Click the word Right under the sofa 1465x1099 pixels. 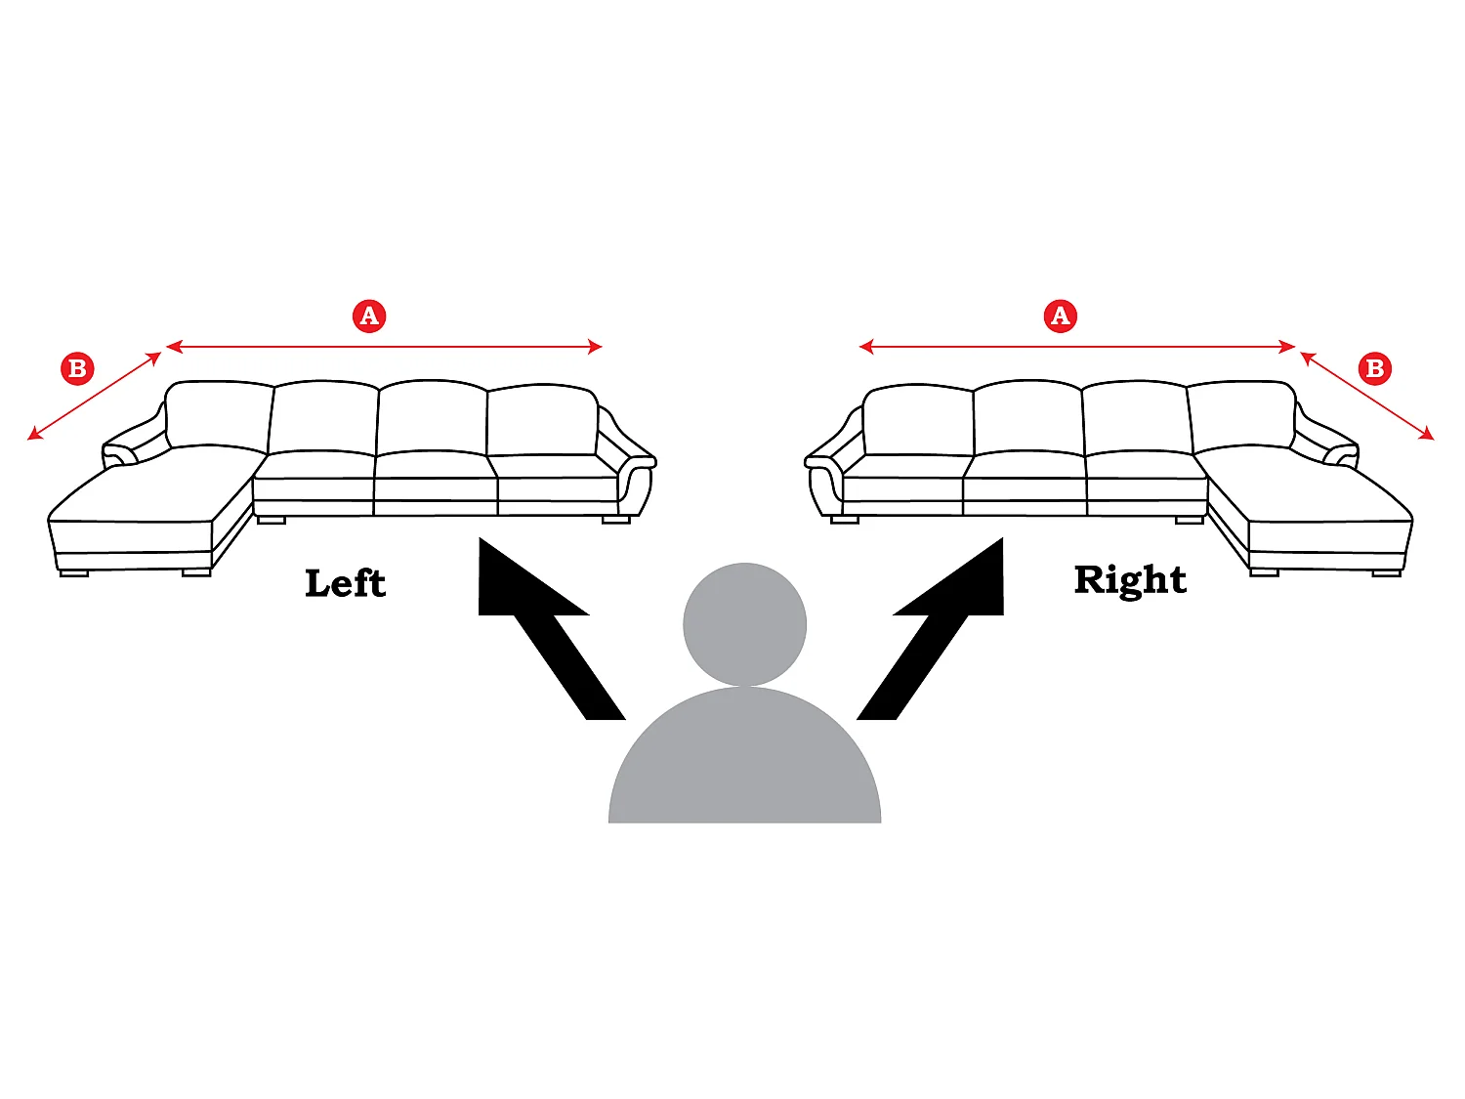point(1130,581)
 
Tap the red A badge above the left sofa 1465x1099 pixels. point(369,316)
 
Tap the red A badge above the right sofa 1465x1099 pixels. point(1060,316)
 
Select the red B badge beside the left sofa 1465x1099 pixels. point(77,368)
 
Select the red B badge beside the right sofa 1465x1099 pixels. point(1375,368)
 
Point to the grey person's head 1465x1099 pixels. point(744,624)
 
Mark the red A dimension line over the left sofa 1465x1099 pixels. point(384,347)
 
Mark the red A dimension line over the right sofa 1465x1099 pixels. point(1076,347)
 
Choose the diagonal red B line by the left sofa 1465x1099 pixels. point(94,396)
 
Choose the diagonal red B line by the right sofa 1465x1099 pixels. point(1367,396)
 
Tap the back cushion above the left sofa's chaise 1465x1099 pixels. point(218,415)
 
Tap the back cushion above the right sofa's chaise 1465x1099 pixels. point(1241,415)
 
